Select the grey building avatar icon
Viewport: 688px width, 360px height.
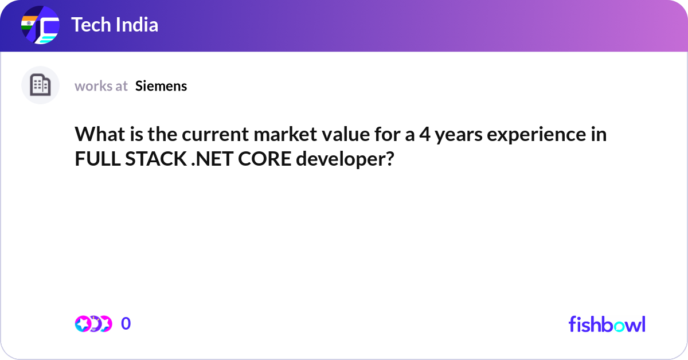coord(40,85)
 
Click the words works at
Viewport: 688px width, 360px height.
coord(101,86)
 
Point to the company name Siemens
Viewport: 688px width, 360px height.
coord(161,86)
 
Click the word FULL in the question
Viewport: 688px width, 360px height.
coord(95,159)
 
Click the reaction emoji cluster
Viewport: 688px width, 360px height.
coord(93,324)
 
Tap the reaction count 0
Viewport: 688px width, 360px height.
coord(126,324)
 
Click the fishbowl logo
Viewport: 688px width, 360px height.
coord(607,324)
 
